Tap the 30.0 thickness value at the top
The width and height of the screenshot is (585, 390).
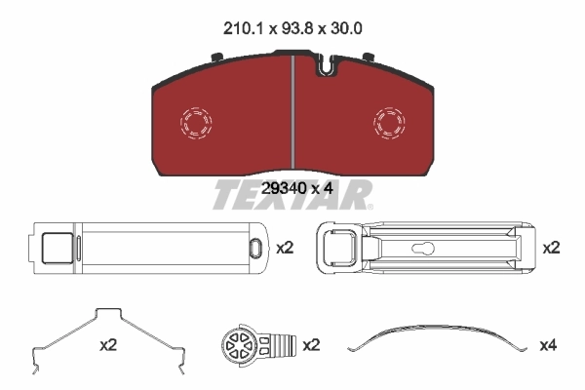[x=347, y=29]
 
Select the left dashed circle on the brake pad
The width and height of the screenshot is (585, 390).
[x=195, y=123]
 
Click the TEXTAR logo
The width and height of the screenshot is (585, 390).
[x=292, y=195]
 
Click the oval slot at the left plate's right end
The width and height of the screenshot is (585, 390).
[x=255, y=248]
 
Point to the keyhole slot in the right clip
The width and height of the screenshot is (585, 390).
[x=425, y=248]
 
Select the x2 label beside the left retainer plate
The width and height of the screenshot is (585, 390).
[x=284, y=248]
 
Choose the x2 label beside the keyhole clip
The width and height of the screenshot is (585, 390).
[x=551, y=248]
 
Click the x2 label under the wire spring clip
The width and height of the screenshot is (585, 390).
[x=108, y=344]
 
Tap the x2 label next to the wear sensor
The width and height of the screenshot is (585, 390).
[x=311, y=344]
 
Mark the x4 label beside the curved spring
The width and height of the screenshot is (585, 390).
[x=549, y=344]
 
